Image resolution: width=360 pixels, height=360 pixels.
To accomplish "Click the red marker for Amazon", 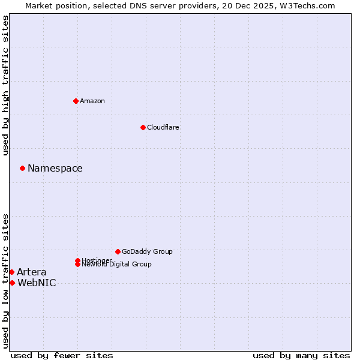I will point(76,101).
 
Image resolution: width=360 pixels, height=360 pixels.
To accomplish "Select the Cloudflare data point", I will point(143,127).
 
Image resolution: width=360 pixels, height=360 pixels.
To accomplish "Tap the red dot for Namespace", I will point(22,168).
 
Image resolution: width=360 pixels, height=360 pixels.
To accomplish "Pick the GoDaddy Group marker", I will point(118,251).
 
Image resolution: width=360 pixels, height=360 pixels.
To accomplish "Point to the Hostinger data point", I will point(77,260).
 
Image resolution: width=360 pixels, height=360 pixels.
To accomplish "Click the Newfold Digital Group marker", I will point(77,264).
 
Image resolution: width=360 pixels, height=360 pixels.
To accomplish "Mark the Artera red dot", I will point(11,272).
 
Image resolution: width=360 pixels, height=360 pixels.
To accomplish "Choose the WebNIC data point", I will point(12,283).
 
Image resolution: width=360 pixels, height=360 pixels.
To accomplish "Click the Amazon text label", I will point(92,101).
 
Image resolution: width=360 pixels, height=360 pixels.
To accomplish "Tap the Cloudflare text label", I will point(163,127).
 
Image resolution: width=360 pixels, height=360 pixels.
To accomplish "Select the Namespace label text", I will point(55,169).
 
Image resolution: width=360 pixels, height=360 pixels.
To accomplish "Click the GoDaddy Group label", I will point(147,251).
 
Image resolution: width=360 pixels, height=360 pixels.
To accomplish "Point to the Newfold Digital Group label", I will point(117,265).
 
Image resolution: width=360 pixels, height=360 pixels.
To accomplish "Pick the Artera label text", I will point(32,272).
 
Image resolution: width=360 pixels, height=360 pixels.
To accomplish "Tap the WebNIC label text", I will point(37,283).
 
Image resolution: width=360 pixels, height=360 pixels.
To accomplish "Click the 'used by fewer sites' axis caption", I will point(62,355).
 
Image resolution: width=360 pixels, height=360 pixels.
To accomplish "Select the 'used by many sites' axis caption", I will point(301,355).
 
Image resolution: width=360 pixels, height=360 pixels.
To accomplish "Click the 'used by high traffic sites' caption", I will point(5,85).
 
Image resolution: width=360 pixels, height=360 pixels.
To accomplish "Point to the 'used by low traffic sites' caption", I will point(5,280).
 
